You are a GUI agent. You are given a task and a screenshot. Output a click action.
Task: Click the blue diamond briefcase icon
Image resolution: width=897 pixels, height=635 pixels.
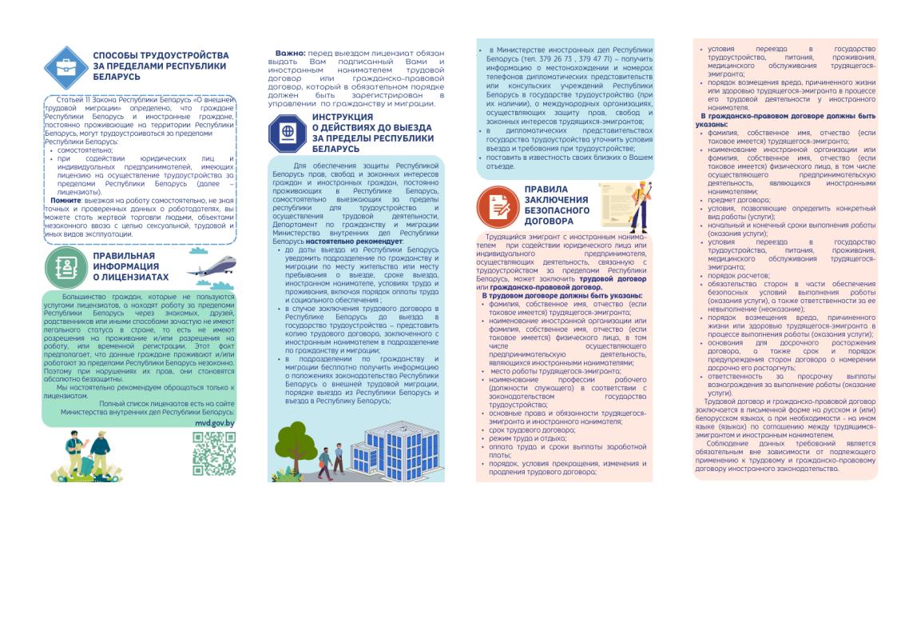coord(66,67)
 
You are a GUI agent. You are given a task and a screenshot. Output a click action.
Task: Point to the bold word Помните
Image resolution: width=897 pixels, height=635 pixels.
coord(65,200)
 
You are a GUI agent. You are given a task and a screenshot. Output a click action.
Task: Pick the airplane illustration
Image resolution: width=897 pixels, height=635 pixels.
coord(212,264)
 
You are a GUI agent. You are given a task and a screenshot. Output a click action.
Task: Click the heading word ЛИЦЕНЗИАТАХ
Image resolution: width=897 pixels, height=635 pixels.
coord(130,278)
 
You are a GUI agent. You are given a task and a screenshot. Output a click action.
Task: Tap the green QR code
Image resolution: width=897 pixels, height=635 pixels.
coord(214,453)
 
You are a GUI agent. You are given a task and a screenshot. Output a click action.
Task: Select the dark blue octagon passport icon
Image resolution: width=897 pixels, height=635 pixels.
coord(286,133)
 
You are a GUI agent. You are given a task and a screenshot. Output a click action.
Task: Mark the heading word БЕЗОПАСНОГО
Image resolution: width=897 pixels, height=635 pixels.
coord(557,210)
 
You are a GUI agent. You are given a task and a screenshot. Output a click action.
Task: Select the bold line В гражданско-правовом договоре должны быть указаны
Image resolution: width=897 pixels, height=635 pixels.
coord(785,121)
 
